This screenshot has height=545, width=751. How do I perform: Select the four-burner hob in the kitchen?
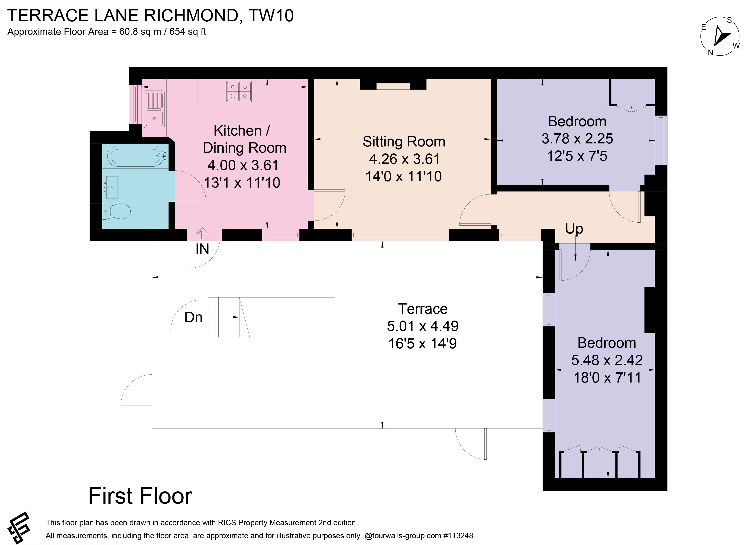[239, 91]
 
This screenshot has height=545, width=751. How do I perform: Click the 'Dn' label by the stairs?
[193, 317]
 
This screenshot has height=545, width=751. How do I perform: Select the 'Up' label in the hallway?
[574, 229]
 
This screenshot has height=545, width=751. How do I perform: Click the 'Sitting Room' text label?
[404, 142]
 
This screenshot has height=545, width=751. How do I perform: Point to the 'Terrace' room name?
[423, 309]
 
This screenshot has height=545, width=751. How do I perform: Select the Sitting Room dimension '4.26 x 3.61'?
[404, 159]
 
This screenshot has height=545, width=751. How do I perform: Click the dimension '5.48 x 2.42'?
[607, 360]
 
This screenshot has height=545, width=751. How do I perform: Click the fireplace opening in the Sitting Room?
[393, 86]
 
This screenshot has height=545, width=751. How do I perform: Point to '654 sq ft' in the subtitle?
[188, 32]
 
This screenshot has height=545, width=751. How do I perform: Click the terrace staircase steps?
[228, 317]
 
